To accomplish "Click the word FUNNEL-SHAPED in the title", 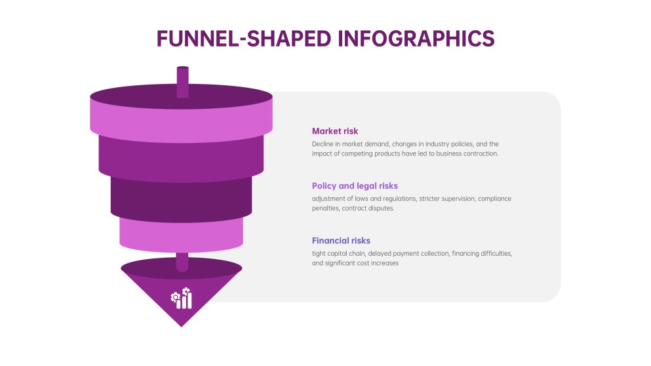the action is pos(244,39).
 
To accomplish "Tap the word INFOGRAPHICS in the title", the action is pos(416,39).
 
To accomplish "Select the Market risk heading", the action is pos(334,131).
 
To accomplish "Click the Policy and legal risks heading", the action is pos(355,186).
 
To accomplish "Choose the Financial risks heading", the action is pos(341,241).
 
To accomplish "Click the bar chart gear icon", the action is pos(182,298).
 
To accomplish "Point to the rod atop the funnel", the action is pos(183,82).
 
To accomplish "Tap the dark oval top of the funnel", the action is pos(182,96).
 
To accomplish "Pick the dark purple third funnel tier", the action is pos(181,200).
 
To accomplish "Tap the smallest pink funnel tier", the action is pos(182,235).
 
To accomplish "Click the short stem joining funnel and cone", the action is pos(182,262).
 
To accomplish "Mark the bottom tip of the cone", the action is pos(182,327).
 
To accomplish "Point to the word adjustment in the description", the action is pos(328,199).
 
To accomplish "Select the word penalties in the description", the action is pos(325,209).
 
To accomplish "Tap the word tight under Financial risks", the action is pos(319,254).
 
